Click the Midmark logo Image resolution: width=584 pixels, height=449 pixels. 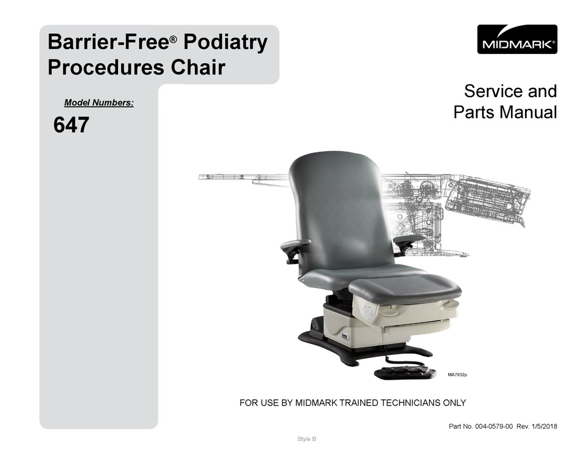click(x=517, y=39)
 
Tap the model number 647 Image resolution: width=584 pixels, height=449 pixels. click(x=71, y=125)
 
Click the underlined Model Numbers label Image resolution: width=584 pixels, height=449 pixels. click(x=99, y=103)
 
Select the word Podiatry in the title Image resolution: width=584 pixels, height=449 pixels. click(x=225, y=42)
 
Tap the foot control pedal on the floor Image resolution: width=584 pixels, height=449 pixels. click(x=405, y=372)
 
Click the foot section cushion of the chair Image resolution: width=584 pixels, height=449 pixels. click(x=405, y=287)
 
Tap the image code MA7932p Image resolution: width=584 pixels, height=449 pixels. click(x=457, y=375)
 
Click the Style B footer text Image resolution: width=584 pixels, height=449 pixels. click(x=307, y=439)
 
